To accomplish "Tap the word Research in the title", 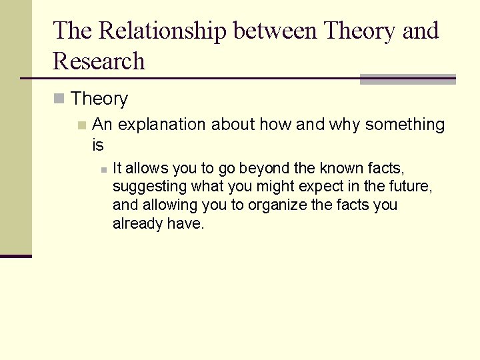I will pos(99,61).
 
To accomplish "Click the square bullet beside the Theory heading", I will pos(59,99).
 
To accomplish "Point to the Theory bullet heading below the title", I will pos(99,99).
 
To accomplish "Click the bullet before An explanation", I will pos(81,125).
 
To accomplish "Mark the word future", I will pos(411,187).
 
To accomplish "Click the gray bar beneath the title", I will pos(407,79).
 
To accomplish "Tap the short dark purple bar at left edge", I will pos(15,256).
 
